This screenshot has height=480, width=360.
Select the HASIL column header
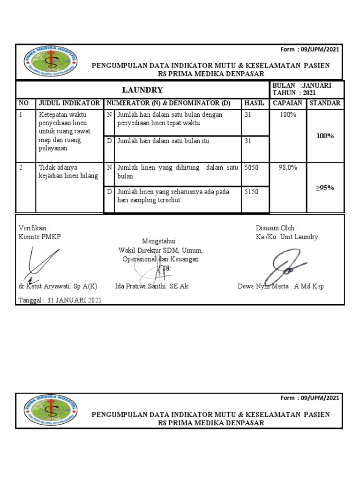tap(255, 103)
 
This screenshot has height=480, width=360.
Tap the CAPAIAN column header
tap(287, 103)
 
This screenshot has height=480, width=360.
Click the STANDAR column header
tap(325, 103)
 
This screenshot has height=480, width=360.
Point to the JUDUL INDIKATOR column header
tap(69, 103)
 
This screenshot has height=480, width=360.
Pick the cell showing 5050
tap(251, 167)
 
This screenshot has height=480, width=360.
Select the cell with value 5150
tap(251, 192)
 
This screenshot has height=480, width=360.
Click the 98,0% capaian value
tap(288, 167)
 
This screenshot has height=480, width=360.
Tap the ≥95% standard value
tap(324, 188)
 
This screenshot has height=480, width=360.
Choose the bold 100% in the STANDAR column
tap(325, 136)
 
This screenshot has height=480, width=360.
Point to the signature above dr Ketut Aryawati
tap(39, 265)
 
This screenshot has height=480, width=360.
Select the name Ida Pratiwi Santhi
tap(151, 286)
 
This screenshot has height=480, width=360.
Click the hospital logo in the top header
tap(51, 62)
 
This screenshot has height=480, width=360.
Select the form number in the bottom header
tap(311, 398)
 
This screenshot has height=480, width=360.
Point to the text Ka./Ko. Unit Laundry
tap(287, 237)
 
